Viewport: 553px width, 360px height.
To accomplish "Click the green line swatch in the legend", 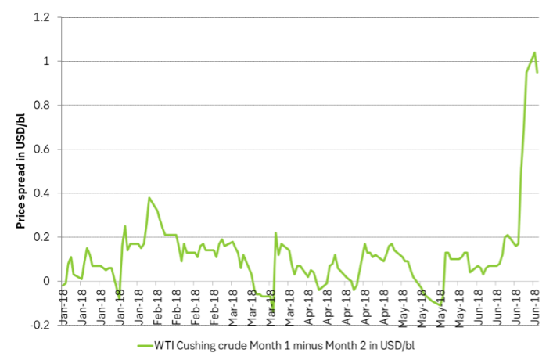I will pos(148,345).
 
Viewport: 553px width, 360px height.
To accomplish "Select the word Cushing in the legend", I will pos(206,345).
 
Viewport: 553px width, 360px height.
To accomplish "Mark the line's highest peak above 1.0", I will pos(534,52).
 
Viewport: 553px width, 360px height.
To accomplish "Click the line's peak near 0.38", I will pos(149,198).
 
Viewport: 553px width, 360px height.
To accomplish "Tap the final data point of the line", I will pos(537,72).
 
